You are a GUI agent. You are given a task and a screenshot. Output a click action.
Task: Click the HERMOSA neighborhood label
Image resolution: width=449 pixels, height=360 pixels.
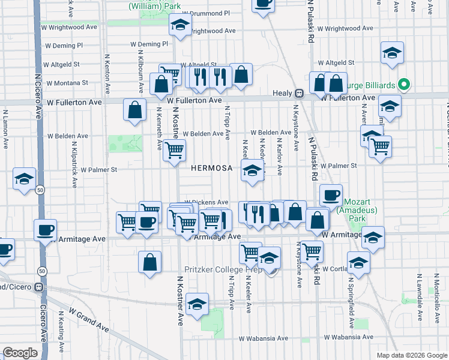pos(211,168)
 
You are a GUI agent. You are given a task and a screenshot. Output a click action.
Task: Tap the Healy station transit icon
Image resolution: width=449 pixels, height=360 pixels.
pos(298,93)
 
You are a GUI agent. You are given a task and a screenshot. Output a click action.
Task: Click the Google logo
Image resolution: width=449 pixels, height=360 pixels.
pos(20,353)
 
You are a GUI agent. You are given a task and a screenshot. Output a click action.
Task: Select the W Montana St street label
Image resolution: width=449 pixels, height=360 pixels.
pos(67,83)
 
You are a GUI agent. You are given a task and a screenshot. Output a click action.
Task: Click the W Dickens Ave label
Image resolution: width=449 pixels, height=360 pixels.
pos(206,202)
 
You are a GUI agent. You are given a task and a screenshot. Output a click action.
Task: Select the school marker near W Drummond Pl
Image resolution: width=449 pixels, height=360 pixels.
pos(179,25)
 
